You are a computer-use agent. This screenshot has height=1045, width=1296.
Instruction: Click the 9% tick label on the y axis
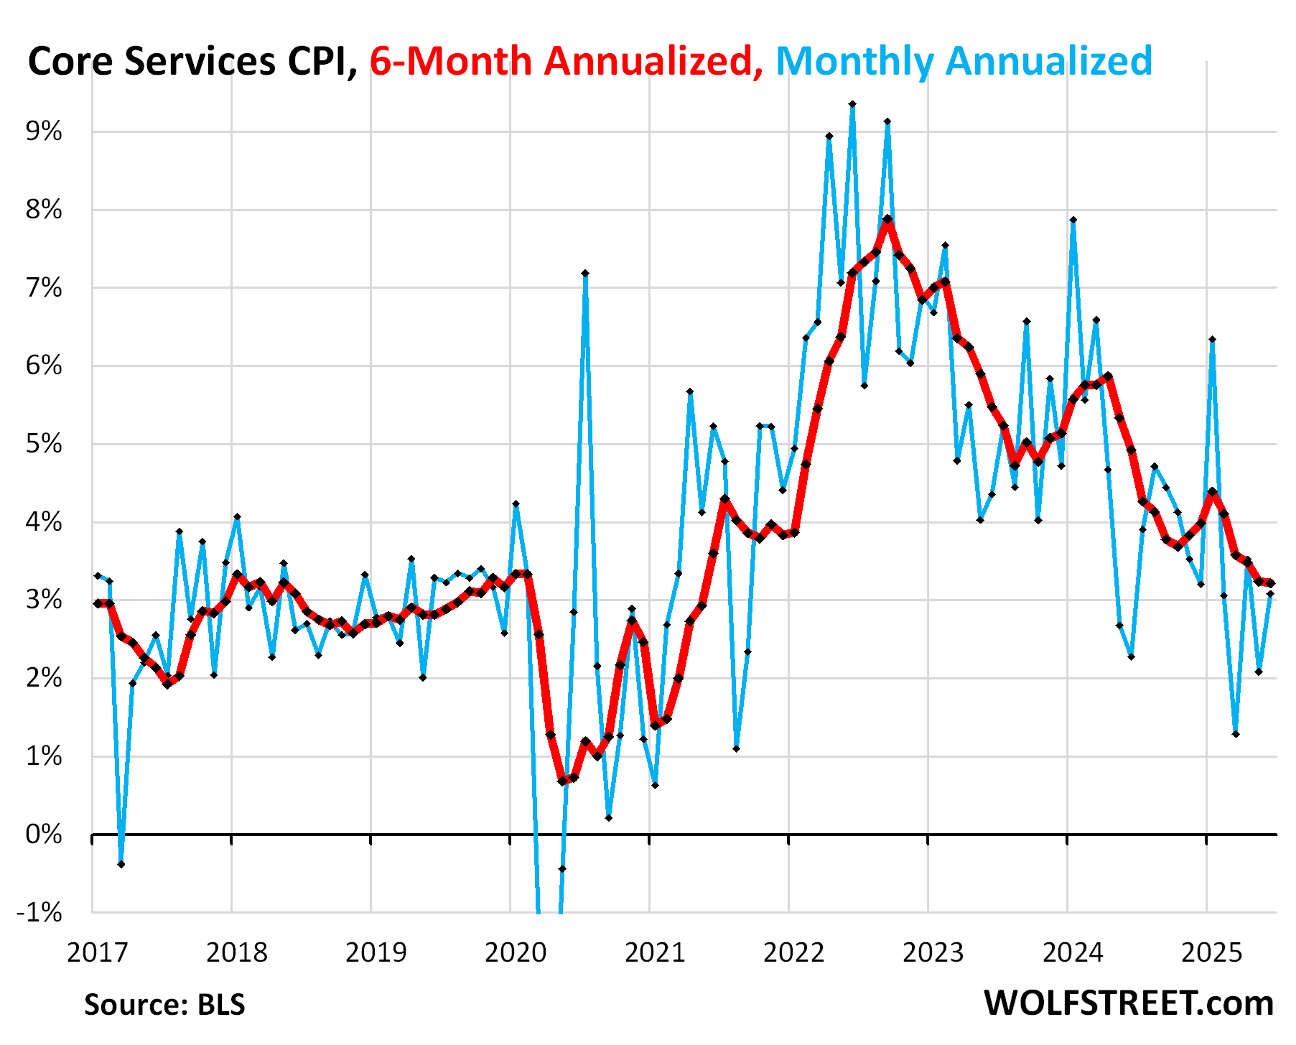[x=44, y=132]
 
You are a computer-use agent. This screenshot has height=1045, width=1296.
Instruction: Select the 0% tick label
[x=44, y=835]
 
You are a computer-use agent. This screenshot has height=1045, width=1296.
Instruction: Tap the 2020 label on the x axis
[x=516, y=953]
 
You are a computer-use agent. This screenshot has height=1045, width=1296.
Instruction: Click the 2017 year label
[x=97, y=953]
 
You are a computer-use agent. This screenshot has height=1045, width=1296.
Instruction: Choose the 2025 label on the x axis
[x=1212, y=953]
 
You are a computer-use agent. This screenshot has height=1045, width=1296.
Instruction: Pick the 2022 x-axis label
[x=794, y=953]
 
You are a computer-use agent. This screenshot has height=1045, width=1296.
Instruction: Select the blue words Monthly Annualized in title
[x=964, y=61]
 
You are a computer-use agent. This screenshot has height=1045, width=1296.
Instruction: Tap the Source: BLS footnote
[x=164, y=1004]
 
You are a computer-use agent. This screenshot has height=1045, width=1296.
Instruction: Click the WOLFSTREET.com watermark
[x=1129, y=1003]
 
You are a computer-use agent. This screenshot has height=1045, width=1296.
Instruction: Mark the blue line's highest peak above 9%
[x=852, y=105]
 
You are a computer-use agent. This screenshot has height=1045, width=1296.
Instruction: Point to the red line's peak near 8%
[x=887, y=219]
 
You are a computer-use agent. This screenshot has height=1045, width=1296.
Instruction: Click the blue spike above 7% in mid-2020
[x=585, y=274]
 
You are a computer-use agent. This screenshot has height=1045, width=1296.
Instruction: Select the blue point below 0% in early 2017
[x=121, y=864]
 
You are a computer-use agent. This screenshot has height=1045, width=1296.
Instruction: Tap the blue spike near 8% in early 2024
[x=1073, y=220]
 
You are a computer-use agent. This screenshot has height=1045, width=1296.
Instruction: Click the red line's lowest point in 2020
[x=562, y=781]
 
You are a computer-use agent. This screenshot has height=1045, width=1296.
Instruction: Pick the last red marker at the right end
[x=1270, y=583]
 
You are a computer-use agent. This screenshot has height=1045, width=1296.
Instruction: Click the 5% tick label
[x=44, y=445]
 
